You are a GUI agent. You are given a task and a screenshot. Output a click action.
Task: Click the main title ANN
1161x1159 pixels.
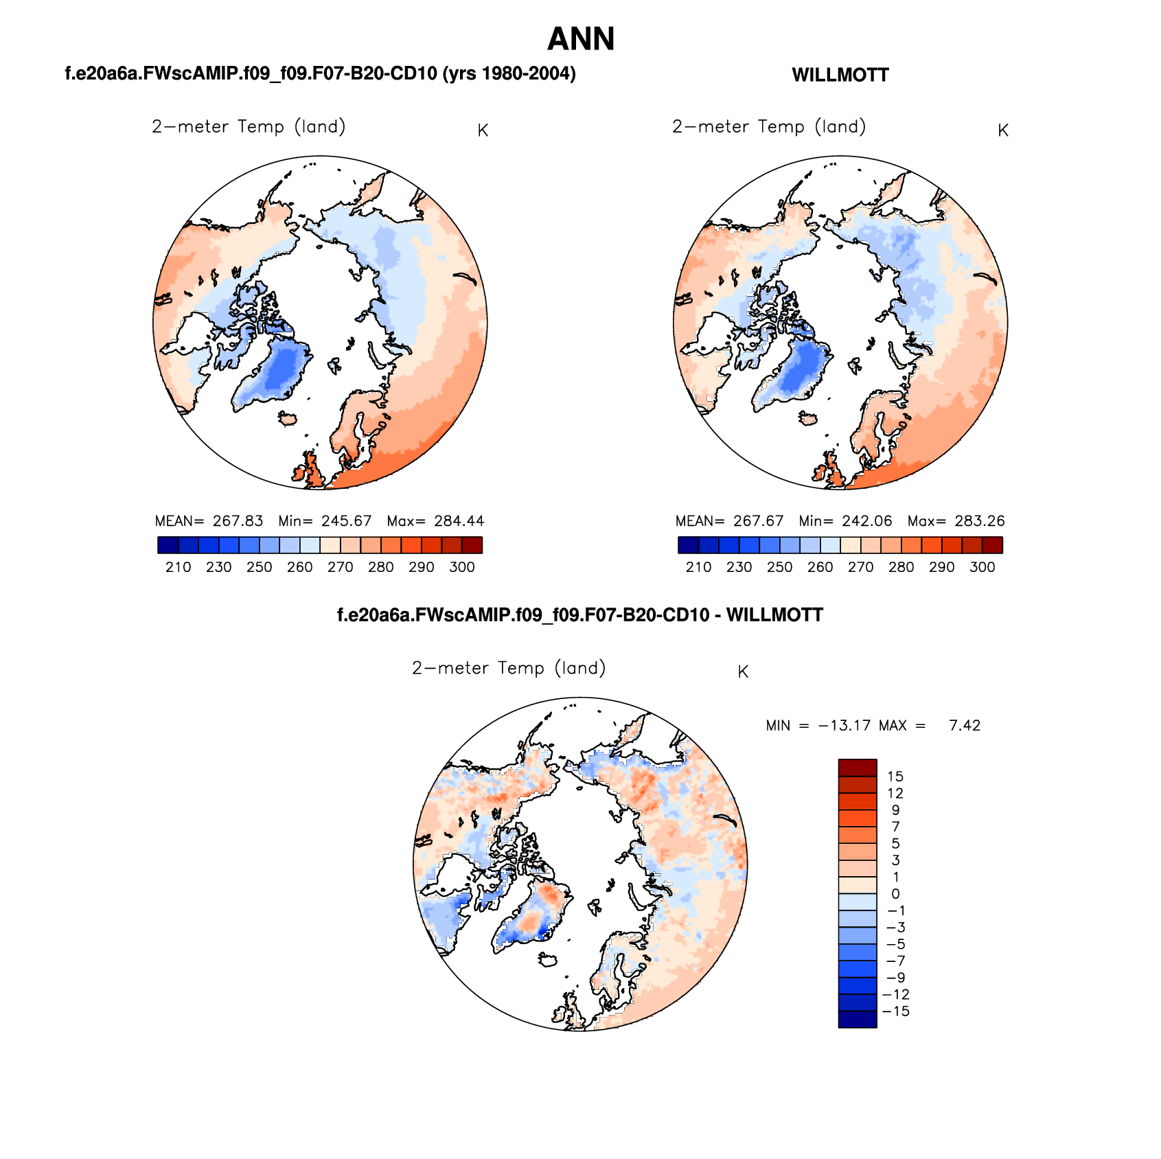tap(580, 39)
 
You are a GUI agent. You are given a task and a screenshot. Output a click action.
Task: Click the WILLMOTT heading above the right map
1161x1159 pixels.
tap(840, 76)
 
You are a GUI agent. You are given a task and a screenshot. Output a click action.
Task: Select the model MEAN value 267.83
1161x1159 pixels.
tap(238, 521)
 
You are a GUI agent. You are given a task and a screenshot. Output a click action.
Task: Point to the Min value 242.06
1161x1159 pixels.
tap(867, 521)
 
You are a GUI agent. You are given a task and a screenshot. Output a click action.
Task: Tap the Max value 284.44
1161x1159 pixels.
tap(459, 521)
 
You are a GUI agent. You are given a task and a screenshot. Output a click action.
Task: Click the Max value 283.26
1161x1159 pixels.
tap(980, 521)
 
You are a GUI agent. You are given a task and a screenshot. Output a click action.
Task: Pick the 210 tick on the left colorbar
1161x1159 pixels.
tap(178, 567)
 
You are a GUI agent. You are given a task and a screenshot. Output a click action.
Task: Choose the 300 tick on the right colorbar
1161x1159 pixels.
tap(982, 567)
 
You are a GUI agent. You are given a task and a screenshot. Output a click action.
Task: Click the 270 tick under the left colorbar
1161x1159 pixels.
tap(340, 567)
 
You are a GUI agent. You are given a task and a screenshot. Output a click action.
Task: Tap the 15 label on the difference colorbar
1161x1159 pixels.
tap(895, 777)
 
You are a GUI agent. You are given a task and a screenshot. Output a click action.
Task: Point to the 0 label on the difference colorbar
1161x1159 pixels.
tap(895, 894)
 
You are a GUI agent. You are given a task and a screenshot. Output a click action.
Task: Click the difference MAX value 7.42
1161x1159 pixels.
tap(965, 726)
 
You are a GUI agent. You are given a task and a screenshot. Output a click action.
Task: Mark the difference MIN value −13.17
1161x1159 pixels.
tap(844, 726)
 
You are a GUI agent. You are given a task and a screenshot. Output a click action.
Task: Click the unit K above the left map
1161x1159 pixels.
tap(483, 130)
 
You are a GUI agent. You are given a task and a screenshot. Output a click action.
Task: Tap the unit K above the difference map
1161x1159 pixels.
tap(743, 672)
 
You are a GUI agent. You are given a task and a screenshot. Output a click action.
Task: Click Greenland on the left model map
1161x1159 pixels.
tap(275, 374)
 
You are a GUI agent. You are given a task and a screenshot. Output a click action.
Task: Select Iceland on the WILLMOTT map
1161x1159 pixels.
tap(807, 417)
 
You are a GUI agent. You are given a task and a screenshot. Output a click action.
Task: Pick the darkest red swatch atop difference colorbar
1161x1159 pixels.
tap(858, 768)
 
